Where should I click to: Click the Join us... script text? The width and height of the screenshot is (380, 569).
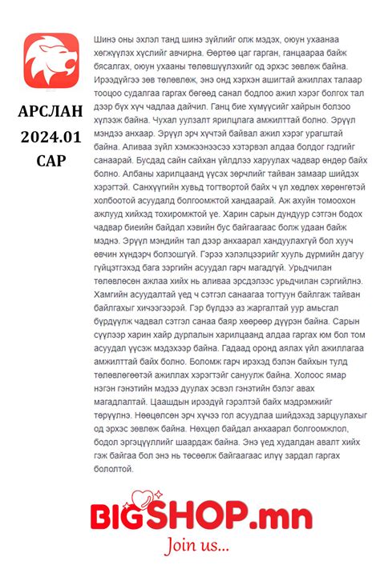click(x=196, y=547)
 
